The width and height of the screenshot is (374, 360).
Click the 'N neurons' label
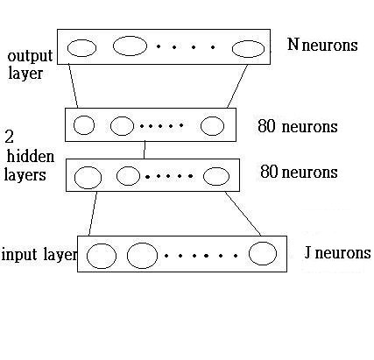pos(322,45)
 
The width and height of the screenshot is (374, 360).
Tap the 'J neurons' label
pos(337,252)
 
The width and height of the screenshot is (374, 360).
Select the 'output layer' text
pos(30,65)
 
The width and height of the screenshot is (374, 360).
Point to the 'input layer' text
pos(39,255)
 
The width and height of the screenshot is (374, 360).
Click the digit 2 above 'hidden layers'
pos(10,137)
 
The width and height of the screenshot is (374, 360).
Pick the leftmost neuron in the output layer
pos(67,48)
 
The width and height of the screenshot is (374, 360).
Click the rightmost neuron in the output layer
pos(232,49)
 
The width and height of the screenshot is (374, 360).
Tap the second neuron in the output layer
pos(113,46)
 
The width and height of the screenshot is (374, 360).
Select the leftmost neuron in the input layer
pos(87,256)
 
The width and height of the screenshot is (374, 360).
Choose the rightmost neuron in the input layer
pos(249,253)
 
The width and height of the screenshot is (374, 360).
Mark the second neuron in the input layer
pos(127,256)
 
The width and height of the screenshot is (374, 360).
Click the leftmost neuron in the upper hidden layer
pos(74,125)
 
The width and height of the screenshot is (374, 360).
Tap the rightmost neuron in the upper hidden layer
pos(201,126)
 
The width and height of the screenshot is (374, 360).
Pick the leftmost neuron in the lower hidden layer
pos(74,178)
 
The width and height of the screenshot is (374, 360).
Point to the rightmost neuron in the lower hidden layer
pos(203,176)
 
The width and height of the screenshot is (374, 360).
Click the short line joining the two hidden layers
pos(145,150)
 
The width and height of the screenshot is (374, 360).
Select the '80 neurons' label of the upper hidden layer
pos(298,126)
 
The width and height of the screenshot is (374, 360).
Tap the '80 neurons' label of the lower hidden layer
pos(299,172)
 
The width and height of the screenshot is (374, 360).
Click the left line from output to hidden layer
pos(73,86)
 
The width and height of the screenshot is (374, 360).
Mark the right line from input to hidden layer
pos(243,214)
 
